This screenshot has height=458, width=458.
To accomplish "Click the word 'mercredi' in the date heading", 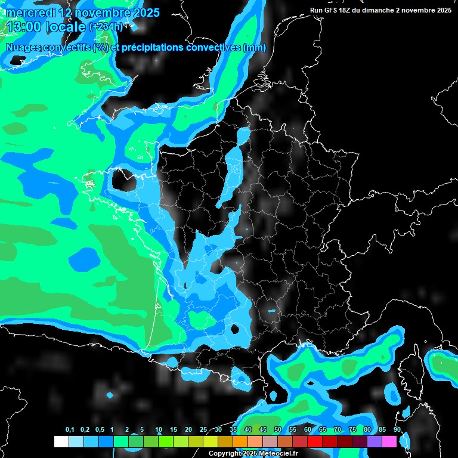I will click(29, 13).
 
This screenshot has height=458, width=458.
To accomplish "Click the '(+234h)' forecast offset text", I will click(106, 27).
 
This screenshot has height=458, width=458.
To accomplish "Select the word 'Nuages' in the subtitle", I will click(26, 48).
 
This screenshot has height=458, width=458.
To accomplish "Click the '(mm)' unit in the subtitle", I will click(255, 48).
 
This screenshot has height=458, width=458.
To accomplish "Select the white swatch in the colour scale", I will click(61, 441).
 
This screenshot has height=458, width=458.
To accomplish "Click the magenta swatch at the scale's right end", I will click(389, 441).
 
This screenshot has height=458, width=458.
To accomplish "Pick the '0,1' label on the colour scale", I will click(69, 430).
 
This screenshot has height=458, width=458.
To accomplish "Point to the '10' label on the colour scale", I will click(159, 430).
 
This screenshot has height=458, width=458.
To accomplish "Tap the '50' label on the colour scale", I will click(278, 430).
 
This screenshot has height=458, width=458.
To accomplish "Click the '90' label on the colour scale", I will click(397, 430).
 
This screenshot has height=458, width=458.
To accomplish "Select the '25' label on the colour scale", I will click(203, 430).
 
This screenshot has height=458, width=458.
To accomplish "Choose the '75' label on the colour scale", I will click(352, 430).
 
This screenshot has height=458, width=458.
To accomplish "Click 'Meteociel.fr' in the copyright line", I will click(278, 453).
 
